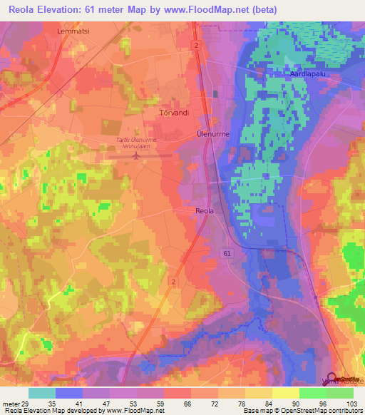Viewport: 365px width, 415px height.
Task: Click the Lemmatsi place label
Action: tap(71, 31)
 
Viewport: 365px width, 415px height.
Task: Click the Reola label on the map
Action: tap(204, 210)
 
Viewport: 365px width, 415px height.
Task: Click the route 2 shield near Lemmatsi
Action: tap(195, 44)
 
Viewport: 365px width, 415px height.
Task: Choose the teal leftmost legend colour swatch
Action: tap(41, 393)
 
